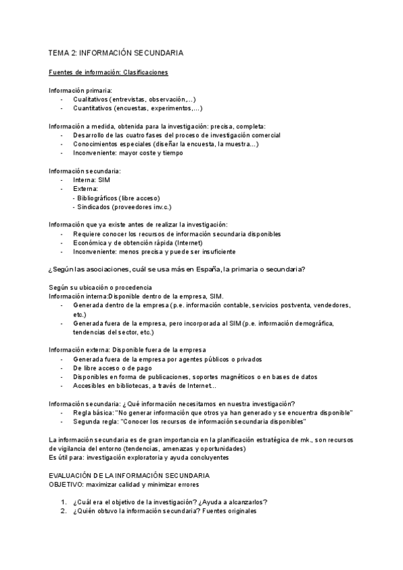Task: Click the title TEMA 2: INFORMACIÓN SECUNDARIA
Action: pyautogui.click(x=116, y=52)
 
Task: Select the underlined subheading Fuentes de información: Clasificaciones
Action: pyautogui.click(x=108, y=72)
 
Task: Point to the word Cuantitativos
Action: pyautogui.click(x=93, y=108)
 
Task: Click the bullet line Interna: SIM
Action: pyautogui.click(x=91, y=180)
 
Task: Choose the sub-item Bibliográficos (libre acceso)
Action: pyautogui.click(x=118, y=198)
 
